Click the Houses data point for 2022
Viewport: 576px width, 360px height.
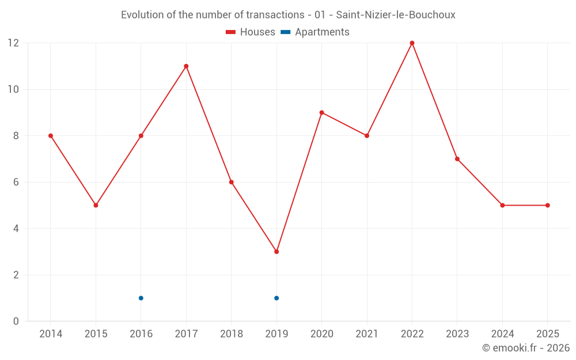[412, 43]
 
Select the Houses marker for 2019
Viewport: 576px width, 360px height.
[276, 252]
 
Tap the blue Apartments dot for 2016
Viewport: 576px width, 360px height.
[141, 298]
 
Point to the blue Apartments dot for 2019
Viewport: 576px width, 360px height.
[276, 298]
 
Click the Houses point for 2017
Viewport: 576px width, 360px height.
[186, 66]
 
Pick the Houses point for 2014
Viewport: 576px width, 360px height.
[51, 136]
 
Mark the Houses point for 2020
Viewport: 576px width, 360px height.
[321, 112]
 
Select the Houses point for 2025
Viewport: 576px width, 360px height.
[547, 205]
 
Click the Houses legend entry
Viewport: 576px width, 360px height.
[251, 32]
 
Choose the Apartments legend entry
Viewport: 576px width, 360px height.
[315, 32]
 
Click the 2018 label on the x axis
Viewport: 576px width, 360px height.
[231, 334]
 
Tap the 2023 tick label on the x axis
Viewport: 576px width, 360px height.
[457, 334]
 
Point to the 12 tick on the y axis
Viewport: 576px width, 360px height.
[13, 43]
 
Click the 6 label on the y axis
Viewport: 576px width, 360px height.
[16, 182]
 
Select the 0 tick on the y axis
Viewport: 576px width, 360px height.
[16, 321]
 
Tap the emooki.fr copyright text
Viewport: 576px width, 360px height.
[526, 348]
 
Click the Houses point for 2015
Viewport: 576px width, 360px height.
[96, 205]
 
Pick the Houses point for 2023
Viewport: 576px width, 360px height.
[457, 159]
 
